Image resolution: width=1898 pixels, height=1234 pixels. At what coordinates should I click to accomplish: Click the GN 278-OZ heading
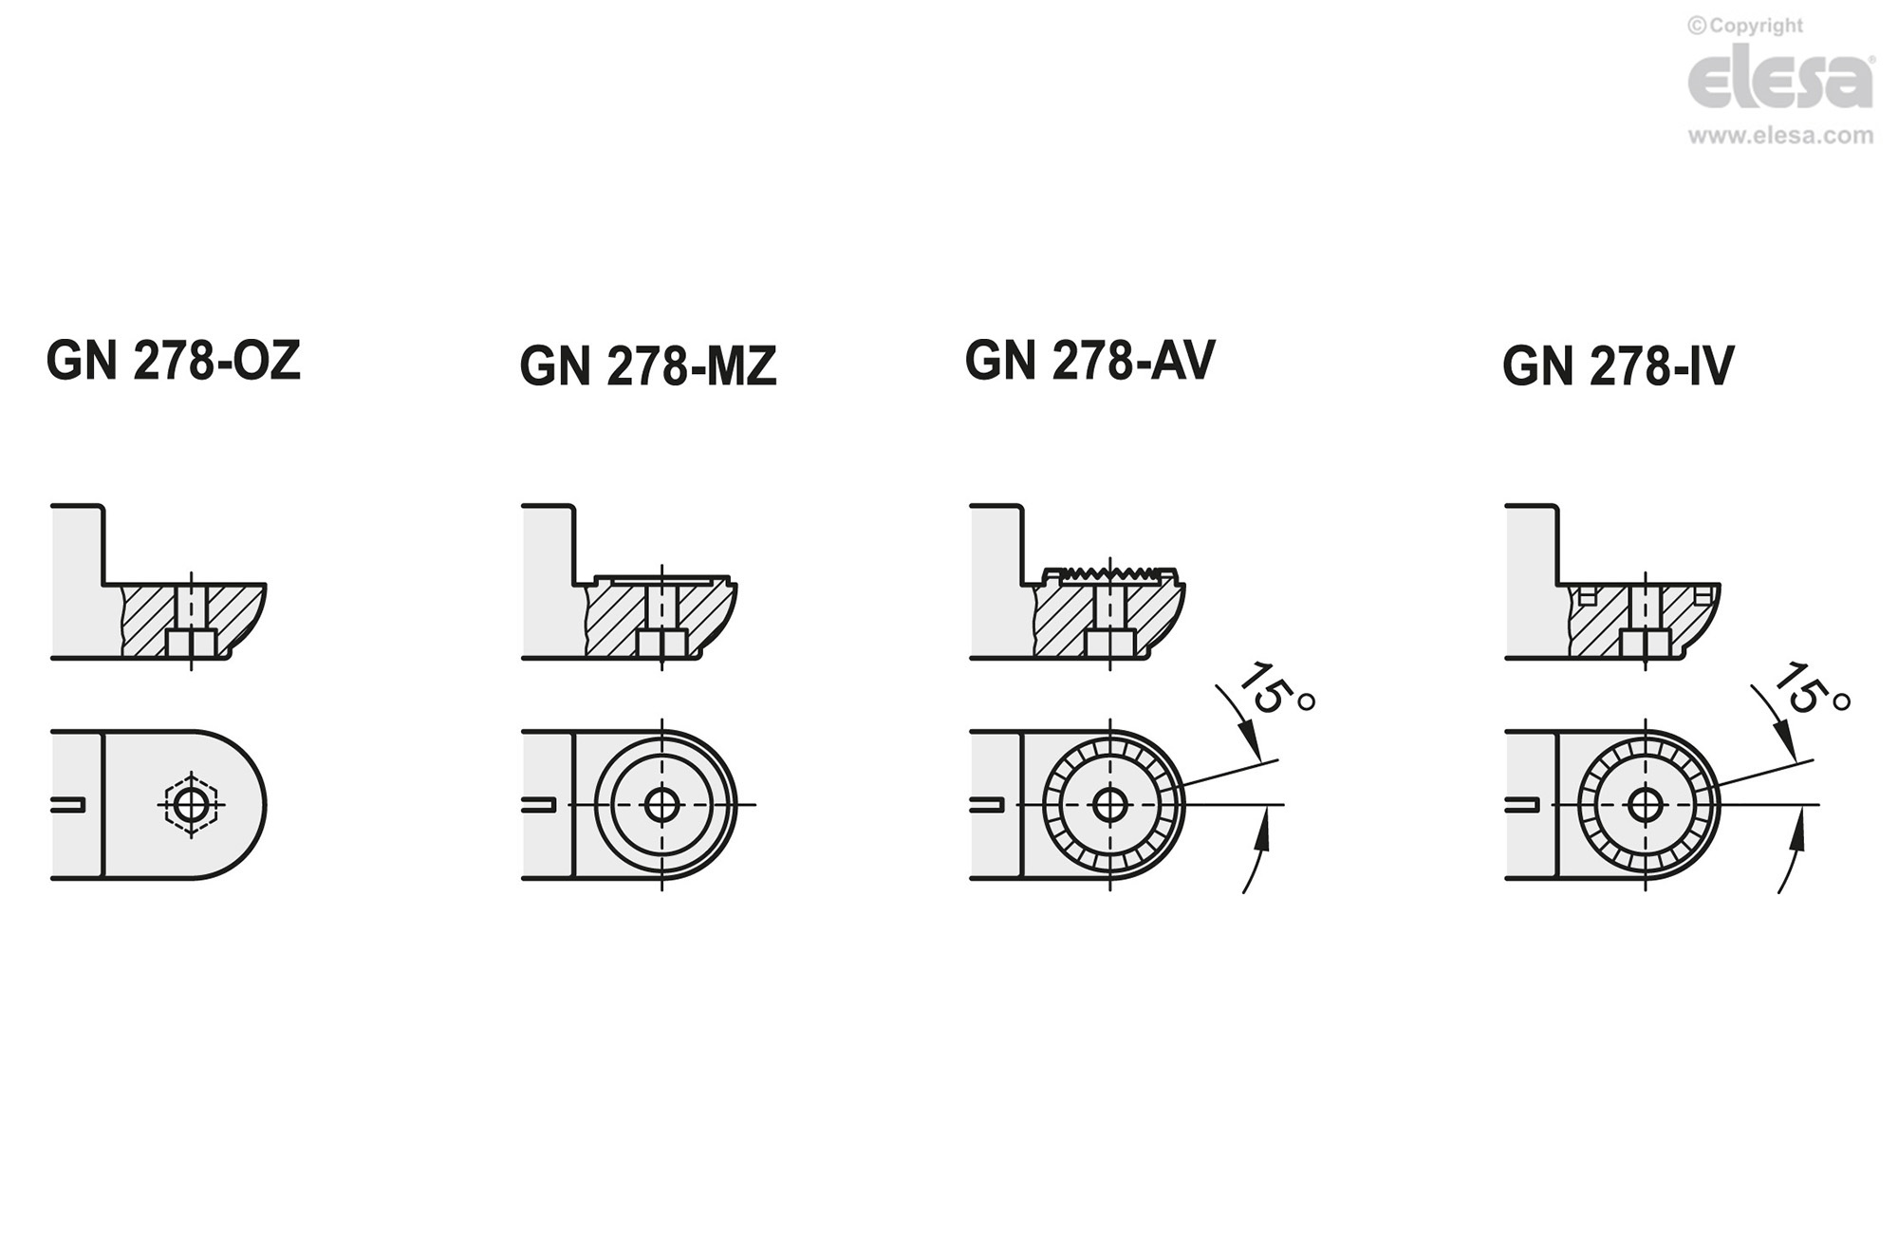[x=174, y=361]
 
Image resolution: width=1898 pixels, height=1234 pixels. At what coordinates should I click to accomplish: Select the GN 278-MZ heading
[x=648, y=365]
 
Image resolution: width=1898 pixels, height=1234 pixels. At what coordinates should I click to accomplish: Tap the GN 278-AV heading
[x=1089, y=360]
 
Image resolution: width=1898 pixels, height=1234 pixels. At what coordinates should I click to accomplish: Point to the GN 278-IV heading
[x=1618, y=365]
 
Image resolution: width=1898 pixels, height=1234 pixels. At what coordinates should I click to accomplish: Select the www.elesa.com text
[x=1781, y=136]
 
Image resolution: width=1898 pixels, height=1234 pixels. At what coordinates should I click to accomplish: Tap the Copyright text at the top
[x=1745, y=26]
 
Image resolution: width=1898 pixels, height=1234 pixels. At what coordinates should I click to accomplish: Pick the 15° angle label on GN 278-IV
[x=1811, y=689]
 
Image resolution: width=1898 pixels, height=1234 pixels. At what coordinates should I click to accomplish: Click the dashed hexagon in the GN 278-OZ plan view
[x=192, y=805]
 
